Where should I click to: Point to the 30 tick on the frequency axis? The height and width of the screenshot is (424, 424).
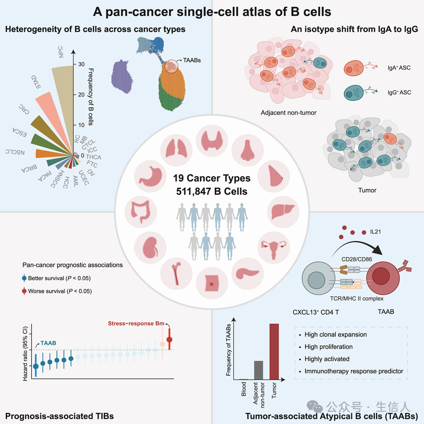81,64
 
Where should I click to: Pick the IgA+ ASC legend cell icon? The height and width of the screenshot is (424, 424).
353,68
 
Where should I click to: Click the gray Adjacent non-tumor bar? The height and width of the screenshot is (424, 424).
258,370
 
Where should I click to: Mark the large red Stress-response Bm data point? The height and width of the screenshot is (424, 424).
169,339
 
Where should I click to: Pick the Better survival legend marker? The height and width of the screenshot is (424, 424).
24,279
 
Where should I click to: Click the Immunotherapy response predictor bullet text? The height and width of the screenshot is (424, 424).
354,371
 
